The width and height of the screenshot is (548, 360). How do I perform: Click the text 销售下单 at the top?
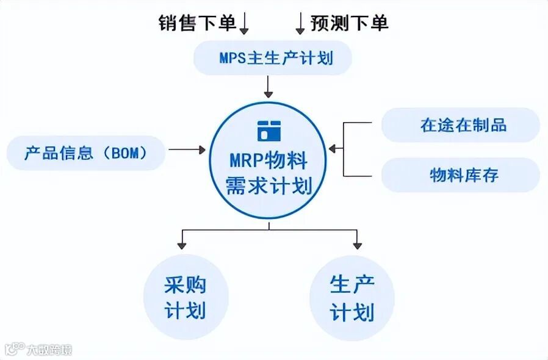pyautogui.click(x=196, y=23)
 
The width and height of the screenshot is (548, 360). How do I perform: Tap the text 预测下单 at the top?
pyautogui.click(x=349, y=23)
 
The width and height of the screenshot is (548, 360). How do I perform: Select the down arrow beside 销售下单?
pyautogui.click(x=245, y=23)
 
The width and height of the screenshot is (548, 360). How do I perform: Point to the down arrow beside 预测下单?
pyautogui.click(x=300, y=23)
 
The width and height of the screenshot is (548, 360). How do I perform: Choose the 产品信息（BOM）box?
pyautogui.click(x=86, y=153)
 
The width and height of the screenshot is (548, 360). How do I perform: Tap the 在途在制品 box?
pyautogui.click(x=461, y=125)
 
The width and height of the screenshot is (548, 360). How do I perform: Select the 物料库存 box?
pyautogui.click(x=461, y=176)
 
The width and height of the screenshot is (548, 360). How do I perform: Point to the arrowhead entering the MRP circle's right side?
pyautogui.click(x=333, y=148)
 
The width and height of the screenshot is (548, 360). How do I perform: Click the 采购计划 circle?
pyautogui.click(x=186, y=297)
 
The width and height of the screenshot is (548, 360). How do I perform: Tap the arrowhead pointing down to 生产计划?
pyautogui.click(x=357, y=245)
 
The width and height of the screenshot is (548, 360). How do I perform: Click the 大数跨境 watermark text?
pyautogui.click(x=49, y=350)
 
